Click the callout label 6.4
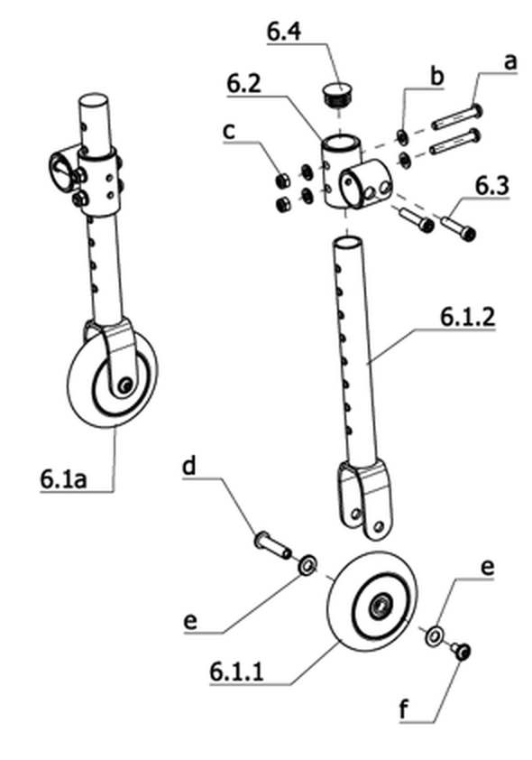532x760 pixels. point(284,32)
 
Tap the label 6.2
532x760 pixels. point(244,84)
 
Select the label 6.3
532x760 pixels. point(492,187)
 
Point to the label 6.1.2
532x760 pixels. point(468,318)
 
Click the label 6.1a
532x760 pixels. point(64,479)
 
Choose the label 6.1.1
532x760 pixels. point(237,672)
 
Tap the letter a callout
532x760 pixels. point(510,63)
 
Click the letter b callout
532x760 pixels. point(437,77)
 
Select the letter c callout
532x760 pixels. point(229,131)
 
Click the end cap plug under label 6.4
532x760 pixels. point(338,94)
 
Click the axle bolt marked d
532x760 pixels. point(272,545)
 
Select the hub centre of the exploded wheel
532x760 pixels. point(378,606)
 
